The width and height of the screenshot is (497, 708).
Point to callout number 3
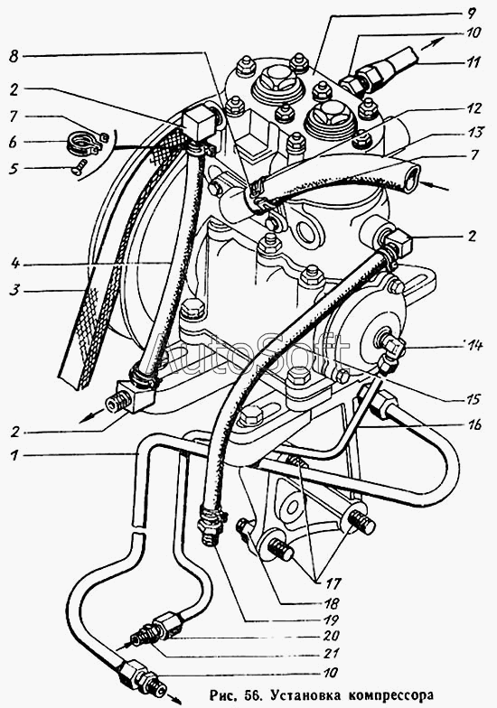(x=14, y=291)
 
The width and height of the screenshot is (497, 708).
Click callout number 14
(x=473, y=347)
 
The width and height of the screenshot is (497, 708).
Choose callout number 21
(x=331, y=654)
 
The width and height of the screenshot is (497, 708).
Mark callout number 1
(x=14, y=455)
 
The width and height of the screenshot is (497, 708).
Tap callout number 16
(x=474, y=424)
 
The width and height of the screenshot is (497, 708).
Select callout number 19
(x=331, y=619)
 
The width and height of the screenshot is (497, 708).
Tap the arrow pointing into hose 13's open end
(x=436, y=186)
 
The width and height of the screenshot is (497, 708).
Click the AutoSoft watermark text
(x=253, y=352)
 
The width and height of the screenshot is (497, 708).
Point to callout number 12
(x=473, y=108)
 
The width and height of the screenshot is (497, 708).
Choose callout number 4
(x=14, y=264)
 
